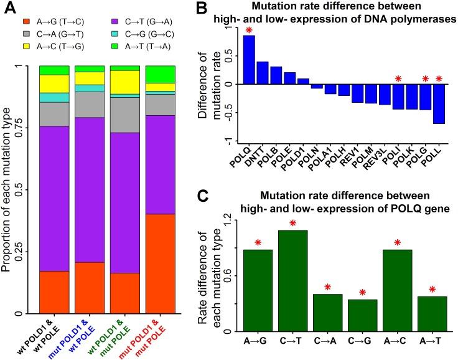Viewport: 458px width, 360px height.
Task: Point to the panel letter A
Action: [11, 9]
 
